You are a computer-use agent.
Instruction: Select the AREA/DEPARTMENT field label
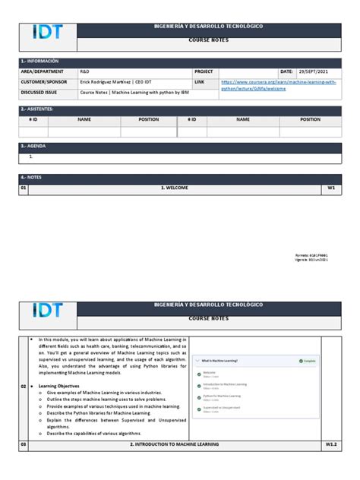tap(43, 71)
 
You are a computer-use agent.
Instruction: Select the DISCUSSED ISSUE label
tap(43, 93)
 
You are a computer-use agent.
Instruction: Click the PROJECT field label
tap(204, 71)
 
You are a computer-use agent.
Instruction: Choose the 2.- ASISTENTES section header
tap(39, 109)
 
